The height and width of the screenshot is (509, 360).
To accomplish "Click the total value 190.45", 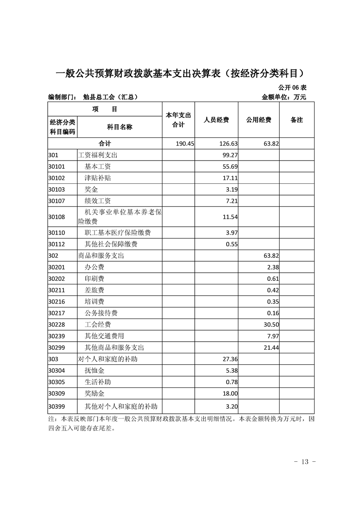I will click(x=185, y=143).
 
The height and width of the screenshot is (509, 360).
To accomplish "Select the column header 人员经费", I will click(x=216, y=120).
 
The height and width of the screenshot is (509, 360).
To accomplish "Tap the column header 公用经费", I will click(x=259, y=120).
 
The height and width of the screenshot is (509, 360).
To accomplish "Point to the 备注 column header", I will click(x=296, y=120).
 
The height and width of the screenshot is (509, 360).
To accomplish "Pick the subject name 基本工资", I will click(x=98, y=166).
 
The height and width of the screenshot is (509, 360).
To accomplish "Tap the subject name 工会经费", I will click(x=98, y=324).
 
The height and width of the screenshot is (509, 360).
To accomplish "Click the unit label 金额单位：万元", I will click(x=284, y=97).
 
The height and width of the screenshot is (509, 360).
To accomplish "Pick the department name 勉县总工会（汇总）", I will click(x=110, y=97).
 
